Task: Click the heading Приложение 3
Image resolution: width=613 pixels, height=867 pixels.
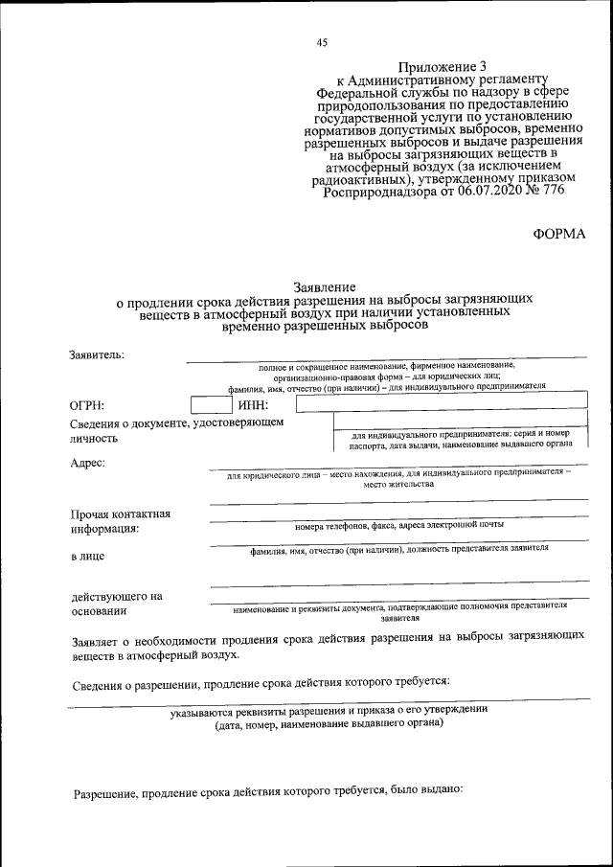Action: pos(446,66)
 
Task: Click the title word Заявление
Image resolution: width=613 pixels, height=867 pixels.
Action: pos(324,287)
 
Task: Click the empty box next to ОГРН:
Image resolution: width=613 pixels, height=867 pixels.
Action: pos(210,405)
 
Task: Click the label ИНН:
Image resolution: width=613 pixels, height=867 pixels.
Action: pos(251,406)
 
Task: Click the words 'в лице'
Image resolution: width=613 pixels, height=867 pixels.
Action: pos(87,556)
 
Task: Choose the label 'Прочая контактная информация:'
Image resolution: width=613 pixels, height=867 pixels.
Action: pos(120,521)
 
